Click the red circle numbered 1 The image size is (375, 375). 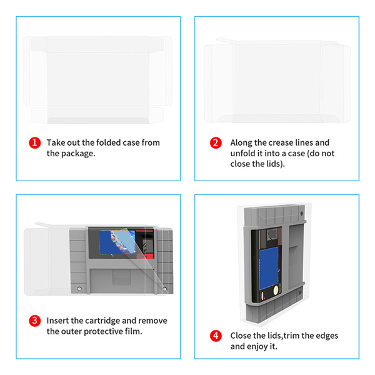[34, 142]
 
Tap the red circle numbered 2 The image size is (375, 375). [216, 142]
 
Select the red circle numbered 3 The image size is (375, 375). [34, 321]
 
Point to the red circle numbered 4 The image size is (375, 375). [216, 336]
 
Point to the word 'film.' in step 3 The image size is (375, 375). [134, 331]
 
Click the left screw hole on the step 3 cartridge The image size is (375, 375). [79, 289]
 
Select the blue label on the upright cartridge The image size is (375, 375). [269, 268]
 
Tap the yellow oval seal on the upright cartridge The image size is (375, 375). [276, 290]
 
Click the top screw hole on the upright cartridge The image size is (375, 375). [302, 213]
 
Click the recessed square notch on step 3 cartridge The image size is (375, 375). [122, 277]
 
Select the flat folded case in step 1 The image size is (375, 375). [98, 79]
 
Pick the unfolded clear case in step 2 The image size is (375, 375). [277, 81]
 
